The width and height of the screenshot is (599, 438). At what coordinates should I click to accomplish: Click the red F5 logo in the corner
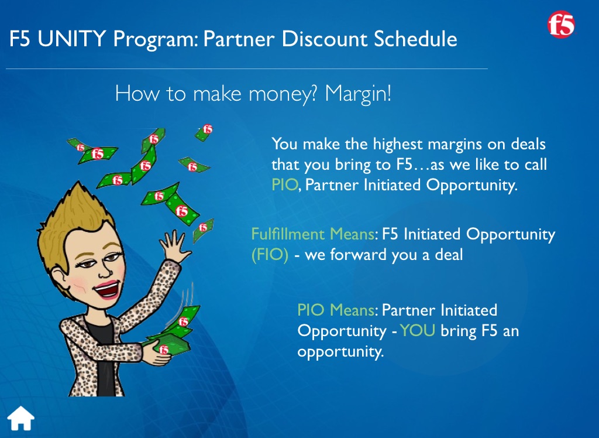[x=561, y=24]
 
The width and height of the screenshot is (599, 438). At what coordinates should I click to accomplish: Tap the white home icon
[x=20, y=418]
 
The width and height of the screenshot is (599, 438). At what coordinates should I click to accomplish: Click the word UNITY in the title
[x=72, y=39]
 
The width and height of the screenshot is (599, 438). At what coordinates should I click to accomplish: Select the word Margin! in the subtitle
[x=358, y=94]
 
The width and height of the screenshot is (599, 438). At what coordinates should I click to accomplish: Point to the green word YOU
[x=418, y=330]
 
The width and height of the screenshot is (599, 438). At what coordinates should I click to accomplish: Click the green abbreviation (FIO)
[x=270, y=255]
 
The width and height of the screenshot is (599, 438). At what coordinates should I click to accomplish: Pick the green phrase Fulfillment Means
[x=313, y=234]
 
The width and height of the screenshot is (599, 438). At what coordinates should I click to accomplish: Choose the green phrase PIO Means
[x=336, y=310]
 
